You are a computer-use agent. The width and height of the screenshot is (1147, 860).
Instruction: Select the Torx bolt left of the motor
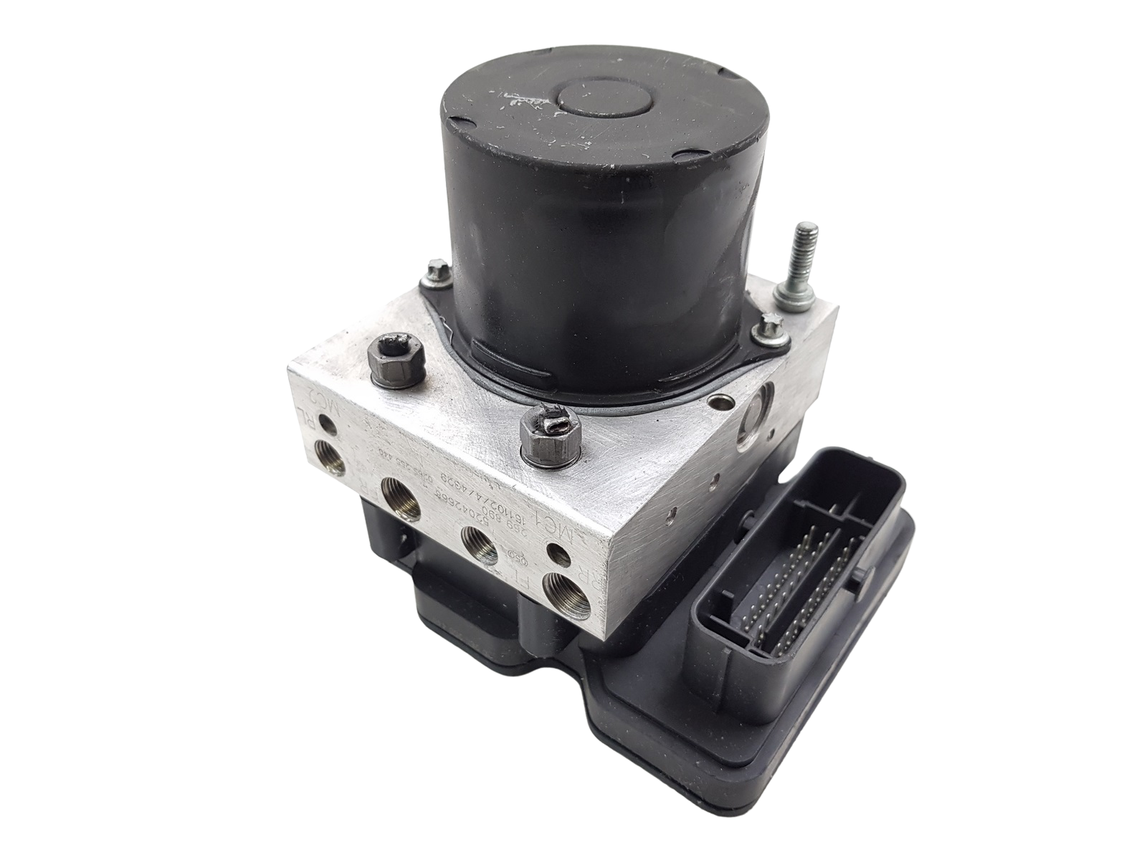click(x=435, y=272)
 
